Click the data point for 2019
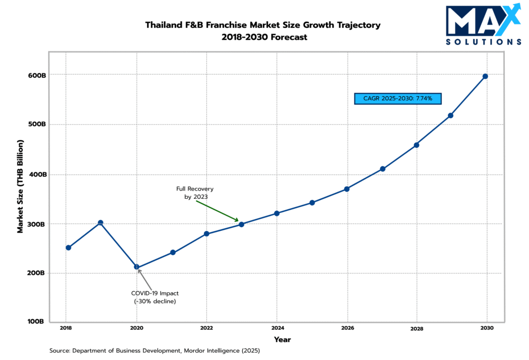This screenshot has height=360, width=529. pyautogui.click(x=101, y=223)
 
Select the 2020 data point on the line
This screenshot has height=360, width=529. pyautogui.click(x=136, y=267)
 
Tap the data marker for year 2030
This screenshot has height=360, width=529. pyautogui.click(x=485, y=76)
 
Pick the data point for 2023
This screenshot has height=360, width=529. pyautogui.click(x=241, y=224)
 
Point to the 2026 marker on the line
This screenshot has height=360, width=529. pyautogui.click(x=347, y=189)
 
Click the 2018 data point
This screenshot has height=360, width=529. pyautogui.click(x=68, y=247)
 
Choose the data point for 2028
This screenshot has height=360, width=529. pyautogui.click(x=416, y=145)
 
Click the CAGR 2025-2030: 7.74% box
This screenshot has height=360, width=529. pyautogui.click(x=397, y=98)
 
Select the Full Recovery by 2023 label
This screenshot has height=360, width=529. pyautogui.click(x=195, y=193)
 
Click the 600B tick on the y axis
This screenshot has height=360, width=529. pyautogui.click(x=37, y=75)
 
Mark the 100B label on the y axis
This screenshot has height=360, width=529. pyautogui.click(x=37, y=321)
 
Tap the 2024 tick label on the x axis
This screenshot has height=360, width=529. pyautogui.click(x=277, y=328)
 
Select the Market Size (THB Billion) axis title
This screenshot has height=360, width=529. pyautogui.click(x=21, y=186)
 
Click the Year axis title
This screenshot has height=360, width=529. pyautogui.click(x=282, y=339)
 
